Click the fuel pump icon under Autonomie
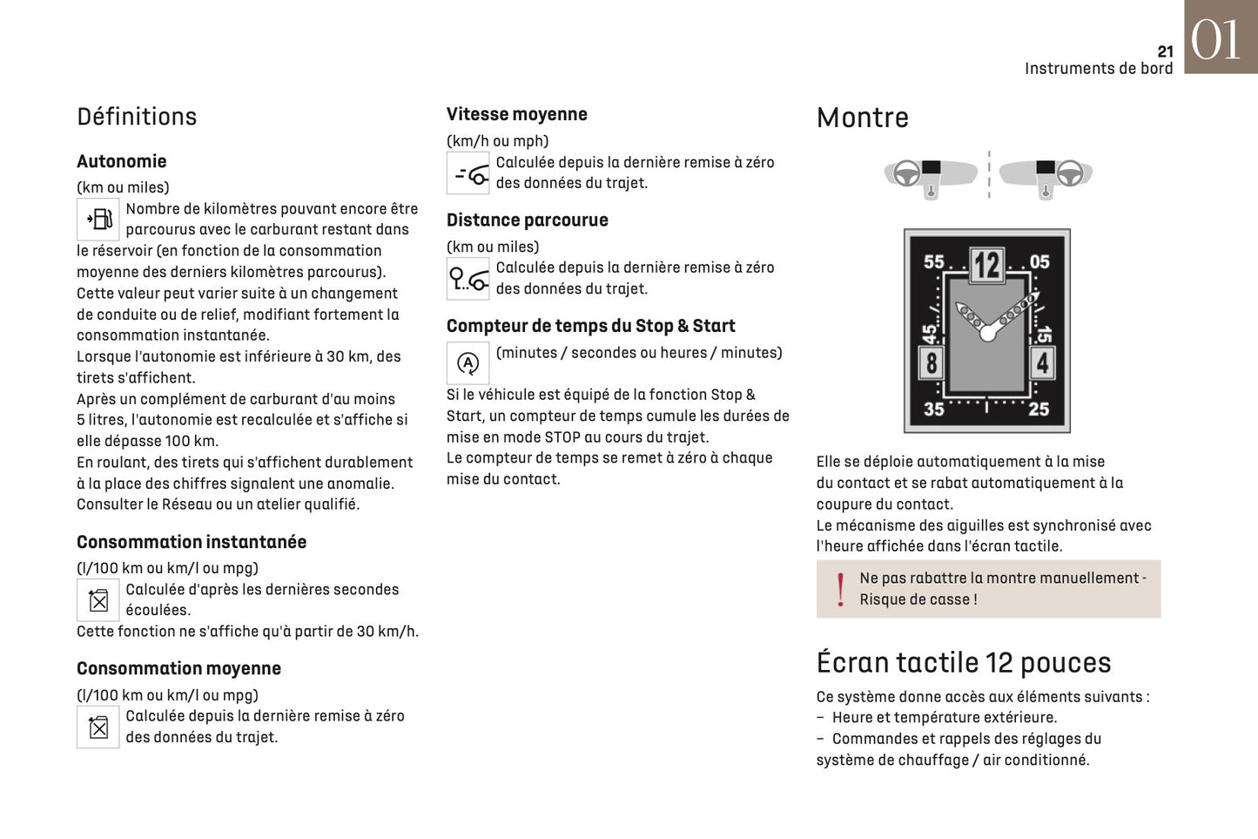(98, 219)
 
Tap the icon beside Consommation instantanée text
(98, 600)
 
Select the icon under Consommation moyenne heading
(98, 727)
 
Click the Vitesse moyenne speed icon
(468, 173)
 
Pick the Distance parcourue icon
(468, 279)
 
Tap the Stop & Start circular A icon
(468, 362)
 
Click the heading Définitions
(137, 117)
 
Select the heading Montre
(862, 118)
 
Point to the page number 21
(1165, 51)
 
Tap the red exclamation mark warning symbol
(840, 589)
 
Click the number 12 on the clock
(986, 265)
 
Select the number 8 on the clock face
(932, 362)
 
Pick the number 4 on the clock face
(1042, 362)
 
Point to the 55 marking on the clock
(934, 261)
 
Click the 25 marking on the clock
(1039, 409)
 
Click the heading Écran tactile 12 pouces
(963, 663)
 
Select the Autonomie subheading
(121, 161)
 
